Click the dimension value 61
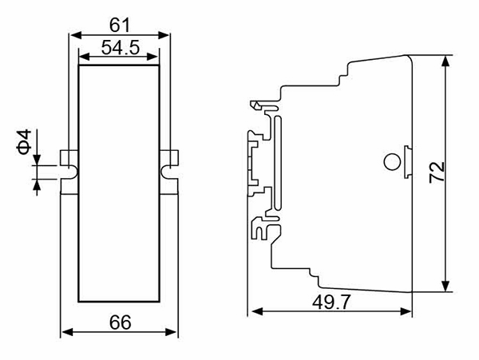tap(120, 25)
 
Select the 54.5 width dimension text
tap(121, 48)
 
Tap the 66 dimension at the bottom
tap(121, 322)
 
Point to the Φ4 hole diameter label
tap(24, 141)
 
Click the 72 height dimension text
tap(437, 172)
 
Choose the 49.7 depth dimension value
tap(331, 303)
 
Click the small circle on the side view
tap(392, 162)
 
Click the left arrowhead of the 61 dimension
tap(76, 35)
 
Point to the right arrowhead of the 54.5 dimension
tap(152, 57)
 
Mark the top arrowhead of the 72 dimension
tap(446, 61)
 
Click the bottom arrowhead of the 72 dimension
tap(446, 286)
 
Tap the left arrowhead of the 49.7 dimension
tap(256, 312)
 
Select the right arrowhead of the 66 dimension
tap(171, 332)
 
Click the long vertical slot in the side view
tap(278, 163)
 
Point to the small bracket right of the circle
tap(408, 162)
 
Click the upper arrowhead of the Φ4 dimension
tap(37, 160)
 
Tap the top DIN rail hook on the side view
tap(259, 105)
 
